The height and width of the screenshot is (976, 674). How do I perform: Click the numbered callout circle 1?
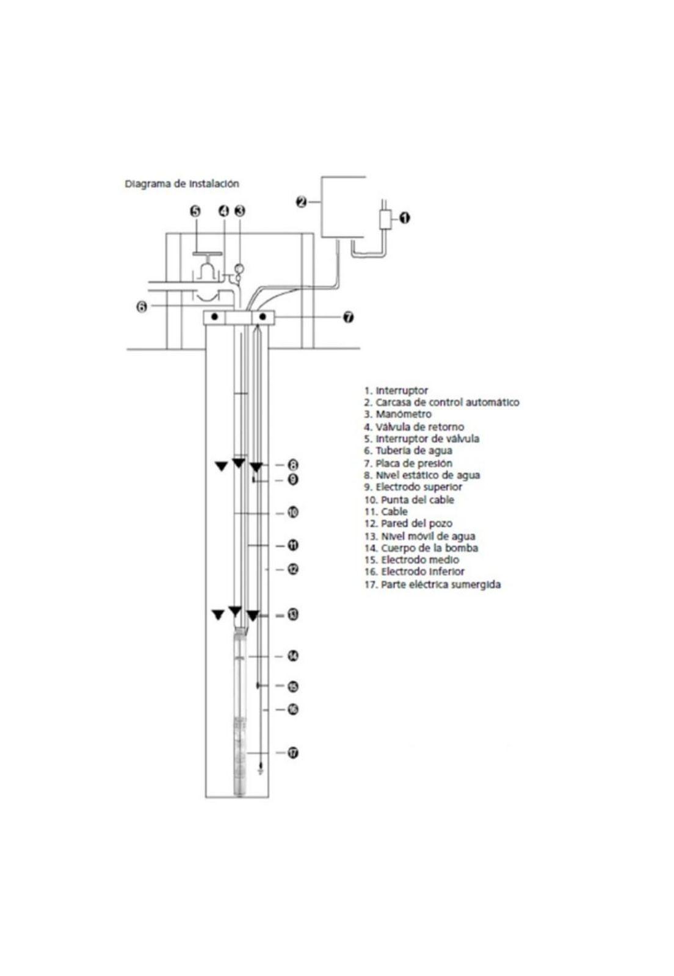pos(404,217)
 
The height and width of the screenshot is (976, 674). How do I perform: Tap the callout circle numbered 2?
pos(301,201)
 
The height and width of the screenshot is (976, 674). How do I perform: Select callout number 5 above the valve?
pos(195,211)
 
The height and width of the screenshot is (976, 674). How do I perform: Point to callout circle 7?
pos(348,317)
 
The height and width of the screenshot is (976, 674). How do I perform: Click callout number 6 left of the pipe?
pos(142,307)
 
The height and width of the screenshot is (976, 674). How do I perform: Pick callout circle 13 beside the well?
pos(293,615)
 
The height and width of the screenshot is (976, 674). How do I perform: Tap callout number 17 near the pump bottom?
pos(293,753)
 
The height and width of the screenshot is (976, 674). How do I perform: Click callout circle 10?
pos(293,512)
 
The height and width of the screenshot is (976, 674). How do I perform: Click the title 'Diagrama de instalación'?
pos(182,184)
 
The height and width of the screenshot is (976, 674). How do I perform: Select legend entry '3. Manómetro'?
pos(397,414)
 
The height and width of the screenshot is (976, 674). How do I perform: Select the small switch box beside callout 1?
pos(385,220)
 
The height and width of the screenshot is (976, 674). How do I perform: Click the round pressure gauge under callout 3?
pos(239,267)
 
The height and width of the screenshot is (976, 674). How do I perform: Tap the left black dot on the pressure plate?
pos(215,317)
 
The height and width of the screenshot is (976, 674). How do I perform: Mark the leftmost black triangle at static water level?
pos(221,467)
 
